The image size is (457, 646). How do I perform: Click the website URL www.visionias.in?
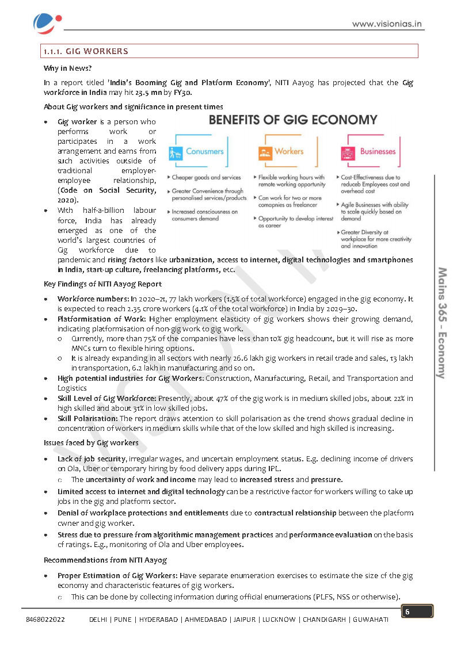(x=387, y=24)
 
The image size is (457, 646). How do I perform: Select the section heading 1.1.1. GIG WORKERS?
(x=86, y=51)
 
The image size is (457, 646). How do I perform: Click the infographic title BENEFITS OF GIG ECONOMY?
(x=292, y=120)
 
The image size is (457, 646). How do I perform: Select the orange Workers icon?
(x=265, y=152)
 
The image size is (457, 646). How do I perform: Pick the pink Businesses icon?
(x=348, y=152)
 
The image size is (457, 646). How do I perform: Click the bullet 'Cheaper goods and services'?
(x=206, y=178)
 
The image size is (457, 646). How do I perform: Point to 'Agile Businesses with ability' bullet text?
(x=374, y=205)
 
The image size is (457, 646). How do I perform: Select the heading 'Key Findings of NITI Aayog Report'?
(x=102, y=284)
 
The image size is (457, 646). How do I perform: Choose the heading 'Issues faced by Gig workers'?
(x=91, y=442)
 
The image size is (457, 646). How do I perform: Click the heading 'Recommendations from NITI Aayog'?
(x=105, y=560)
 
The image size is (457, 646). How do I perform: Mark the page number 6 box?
(x=417, y=611)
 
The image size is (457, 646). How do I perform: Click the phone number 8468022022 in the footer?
(x=45, y=620)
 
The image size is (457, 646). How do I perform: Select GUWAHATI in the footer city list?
(x=370, y=620)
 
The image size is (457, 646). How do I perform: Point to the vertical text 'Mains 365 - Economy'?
(x=442, y=322)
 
